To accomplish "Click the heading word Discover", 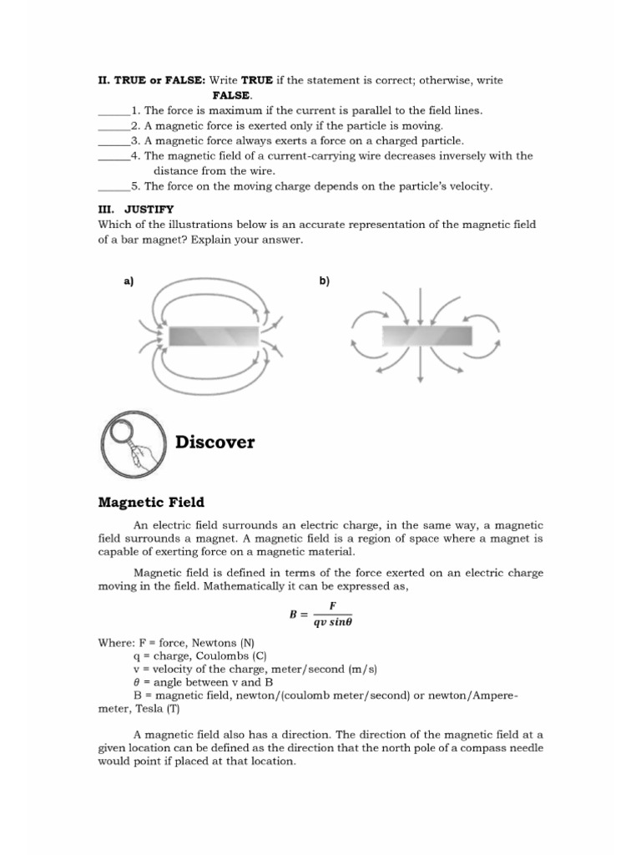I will click(x=215, y=442).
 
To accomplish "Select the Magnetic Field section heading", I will click(x=151, y=502).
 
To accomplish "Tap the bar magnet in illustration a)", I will click(x=213, y=336).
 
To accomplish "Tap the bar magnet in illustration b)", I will click(x=426, y=336).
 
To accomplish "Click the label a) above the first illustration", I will click(x=129, y=281).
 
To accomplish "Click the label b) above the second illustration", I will click(x=324, y=281).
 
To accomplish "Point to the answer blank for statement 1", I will click(x=114, y=110).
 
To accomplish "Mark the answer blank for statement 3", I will click(x=114, y=140).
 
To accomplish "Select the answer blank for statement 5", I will click(x=114, y=186).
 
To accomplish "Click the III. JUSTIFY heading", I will click(x=136, y=209).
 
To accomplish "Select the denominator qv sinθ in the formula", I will click(x=332, y=622).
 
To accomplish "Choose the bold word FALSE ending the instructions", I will click(x=231, y=95).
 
